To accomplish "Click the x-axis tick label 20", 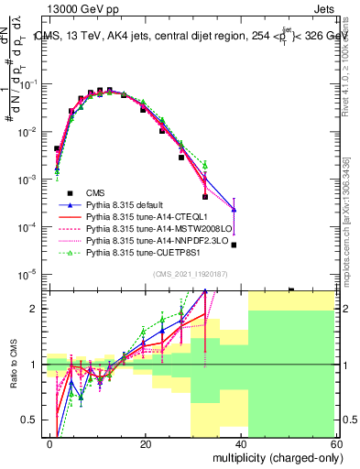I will [146, 443].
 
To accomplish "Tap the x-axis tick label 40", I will [243, 443].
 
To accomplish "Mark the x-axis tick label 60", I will [338, 443].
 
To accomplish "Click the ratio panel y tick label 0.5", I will [33, 420].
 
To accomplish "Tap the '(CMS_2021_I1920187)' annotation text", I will [191, 273].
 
